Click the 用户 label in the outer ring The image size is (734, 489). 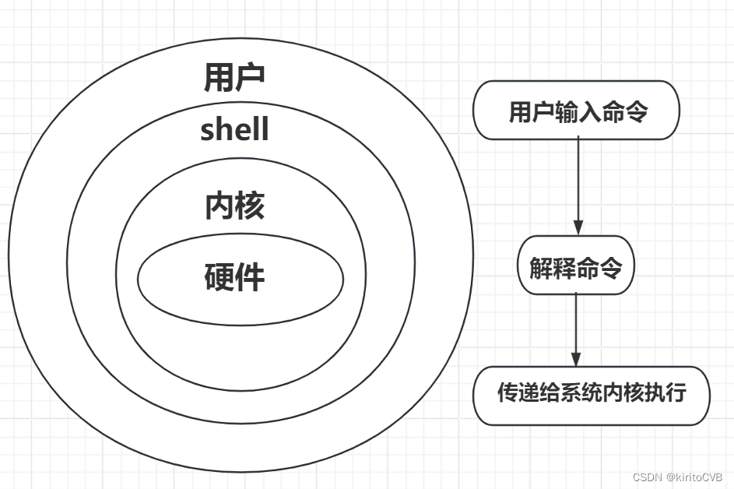(234, 77)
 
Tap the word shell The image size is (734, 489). (234, 129)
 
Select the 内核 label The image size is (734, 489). (234, 206)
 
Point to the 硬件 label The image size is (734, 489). (234, 276)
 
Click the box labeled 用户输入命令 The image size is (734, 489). (576, 111)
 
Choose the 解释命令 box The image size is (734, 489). (576, 266)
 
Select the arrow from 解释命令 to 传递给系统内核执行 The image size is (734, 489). (575, 327)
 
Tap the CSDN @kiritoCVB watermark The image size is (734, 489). (678, 477)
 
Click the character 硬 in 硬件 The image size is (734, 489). (219, 276)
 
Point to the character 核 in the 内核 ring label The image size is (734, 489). (250, 206)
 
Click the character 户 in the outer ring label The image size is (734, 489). (250, 77)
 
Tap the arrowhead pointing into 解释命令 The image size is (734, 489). (578, 227)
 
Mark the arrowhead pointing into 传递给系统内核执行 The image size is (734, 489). (575, 359)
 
